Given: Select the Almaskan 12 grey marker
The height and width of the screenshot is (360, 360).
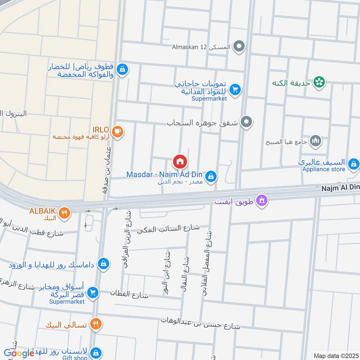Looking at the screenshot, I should coord(240,46).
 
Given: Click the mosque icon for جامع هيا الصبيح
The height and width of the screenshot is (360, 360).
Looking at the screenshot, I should coord(316,141).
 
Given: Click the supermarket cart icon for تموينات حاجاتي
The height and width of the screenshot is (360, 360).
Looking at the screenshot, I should coord(234,90).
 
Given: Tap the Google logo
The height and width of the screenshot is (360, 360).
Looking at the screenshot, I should coord(19,353).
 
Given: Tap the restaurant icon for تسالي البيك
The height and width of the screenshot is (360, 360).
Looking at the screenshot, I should coord(95,324).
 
